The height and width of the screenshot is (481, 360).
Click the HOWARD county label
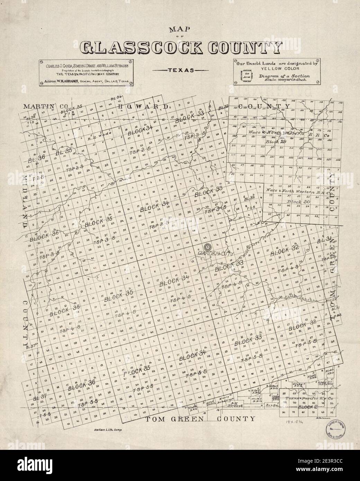point(143,106)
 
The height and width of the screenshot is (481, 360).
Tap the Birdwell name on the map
point(237,406)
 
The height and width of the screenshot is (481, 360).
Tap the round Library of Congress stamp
point(335,432)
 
